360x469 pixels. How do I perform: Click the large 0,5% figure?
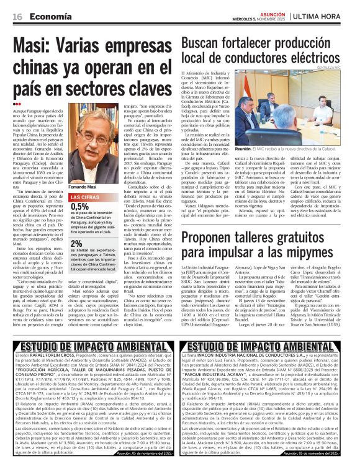pyautogui.click(x=80, y=207)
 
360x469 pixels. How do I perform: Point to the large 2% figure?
pyautogui.click(x=77, y=244)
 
